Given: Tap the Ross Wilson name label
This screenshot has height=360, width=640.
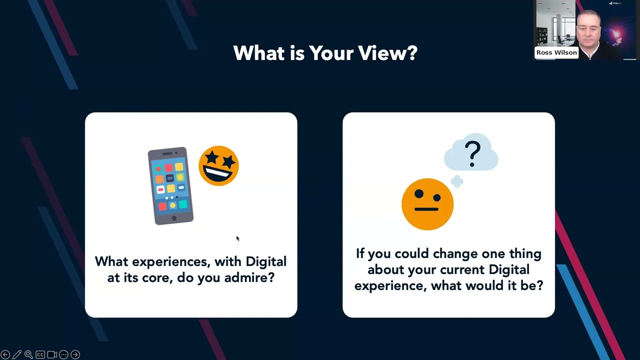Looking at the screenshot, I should (x=556, y=52).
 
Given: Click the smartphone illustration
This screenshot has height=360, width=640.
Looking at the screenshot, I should (x=170, y=185).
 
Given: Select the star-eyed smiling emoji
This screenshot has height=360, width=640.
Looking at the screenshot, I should (x=218, y=166).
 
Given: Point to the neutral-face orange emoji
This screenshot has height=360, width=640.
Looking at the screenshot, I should (x=427, y=204).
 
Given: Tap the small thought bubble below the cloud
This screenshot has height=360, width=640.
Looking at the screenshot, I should (x=456, y=182).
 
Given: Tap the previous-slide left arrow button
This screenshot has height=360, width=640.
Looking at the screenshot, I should (x=5, y=354).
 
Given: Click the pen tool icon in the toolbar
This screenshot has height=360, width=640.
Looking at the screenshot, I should (x=17, y=354).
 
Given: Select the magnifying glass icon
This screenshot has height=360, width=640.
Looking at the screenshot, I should (x=28, y=354).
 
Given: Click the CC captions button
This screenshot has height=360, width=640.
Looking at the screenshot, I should (x=40, y=354).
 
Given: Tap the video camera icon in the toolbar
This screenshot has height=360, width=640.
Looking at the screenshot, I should (x=51, y=354).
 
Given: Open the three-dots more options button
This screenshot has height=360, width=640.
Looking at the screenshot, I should (x=63, y=354).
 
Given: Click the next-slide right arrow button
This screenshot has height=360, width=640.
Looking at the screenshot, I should (x=75, y=354).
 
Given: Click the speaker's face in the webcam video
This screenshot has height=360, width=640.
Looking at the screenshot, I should (x=587, y=30).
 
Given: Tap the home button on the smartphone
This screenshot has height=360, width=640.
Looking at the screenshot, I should (x=174, y=218).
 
